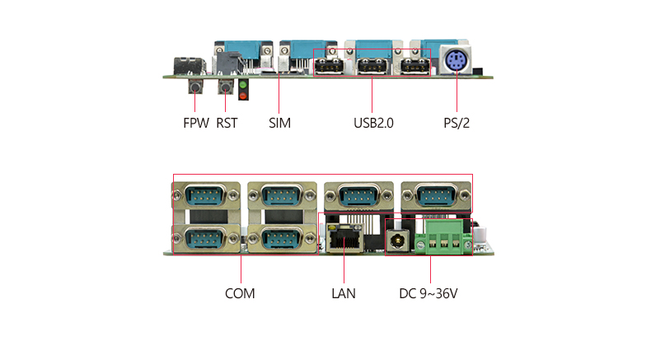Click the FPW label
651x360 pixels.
(x=196, y=123)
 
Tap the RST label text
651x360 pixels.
(x=227, y=123)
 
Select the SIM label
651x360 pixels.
(x=279, y=123)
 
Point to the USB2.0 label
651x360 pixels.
(x=373, y=123)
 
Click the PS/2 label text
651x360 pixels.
(x=457, y=123)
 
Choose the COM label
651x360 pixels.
(x=240, y=293)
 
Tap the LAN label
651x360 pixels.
(x=344, y=293)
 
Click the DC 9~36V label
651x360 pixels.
(x=428, y=293)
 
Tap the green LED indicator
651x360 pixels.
(x=243, y=85)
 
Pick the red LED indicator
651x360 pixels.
(x=243, y=96)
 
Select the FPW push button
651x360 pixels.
(x=195, y=86)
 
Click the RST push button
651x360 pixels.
(x=226, y=86)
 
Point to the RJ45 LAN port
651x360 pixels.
(x=344, y=238)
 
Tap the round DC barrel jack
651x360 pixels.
(x=398, y=241)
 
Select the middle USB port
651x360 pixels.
(x=372, y=66)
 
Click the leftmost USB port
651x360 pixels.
(x=330, y=66)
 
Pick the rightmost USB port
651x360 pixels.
(x=415, y=66)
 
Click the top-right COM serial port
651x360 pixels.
(x=436, y=195)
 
